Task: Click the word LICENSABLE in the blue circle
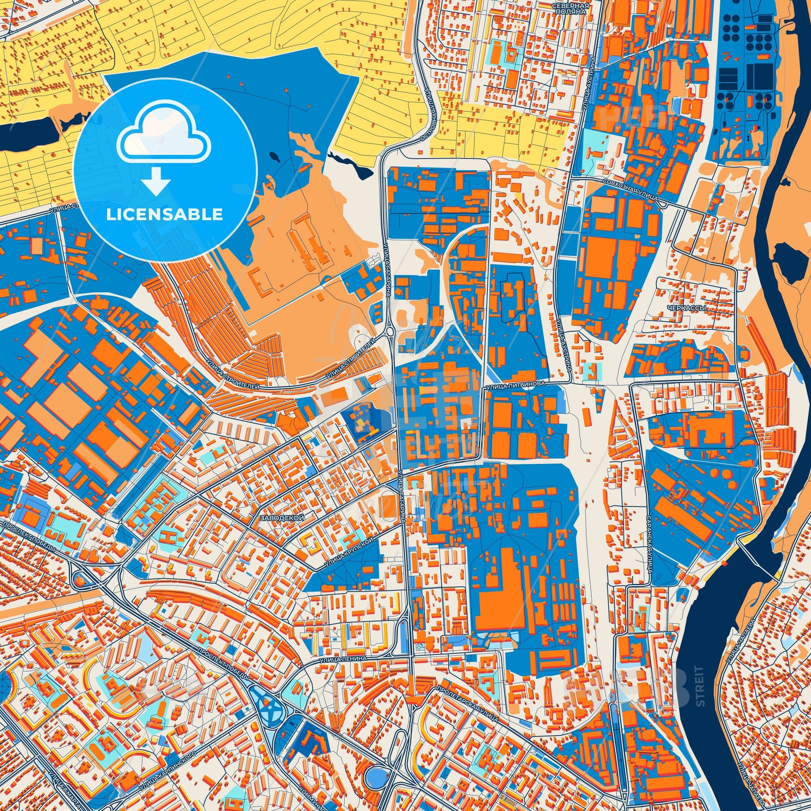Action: click(x=165, y=215)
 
